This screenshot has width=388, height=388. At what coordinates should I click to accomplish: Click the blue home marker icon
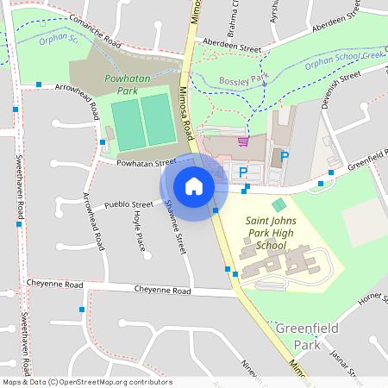pyautogui.click(x=194, y=185)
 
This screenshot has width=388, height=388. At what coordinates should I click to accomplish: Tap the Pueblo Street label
pyautogui.click(x=128, y=204)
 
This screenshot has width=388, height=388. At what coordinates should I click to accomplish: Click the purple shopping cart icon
pyautogui.click(x=244, y=141)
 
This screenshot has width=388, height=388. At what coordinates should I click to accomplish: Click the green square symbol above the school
pyautogui.click(x=278, y=204)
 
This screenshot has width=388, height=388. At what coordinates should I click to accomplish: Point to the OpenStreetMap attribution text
pyautogui.click(x=86, y=382)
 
